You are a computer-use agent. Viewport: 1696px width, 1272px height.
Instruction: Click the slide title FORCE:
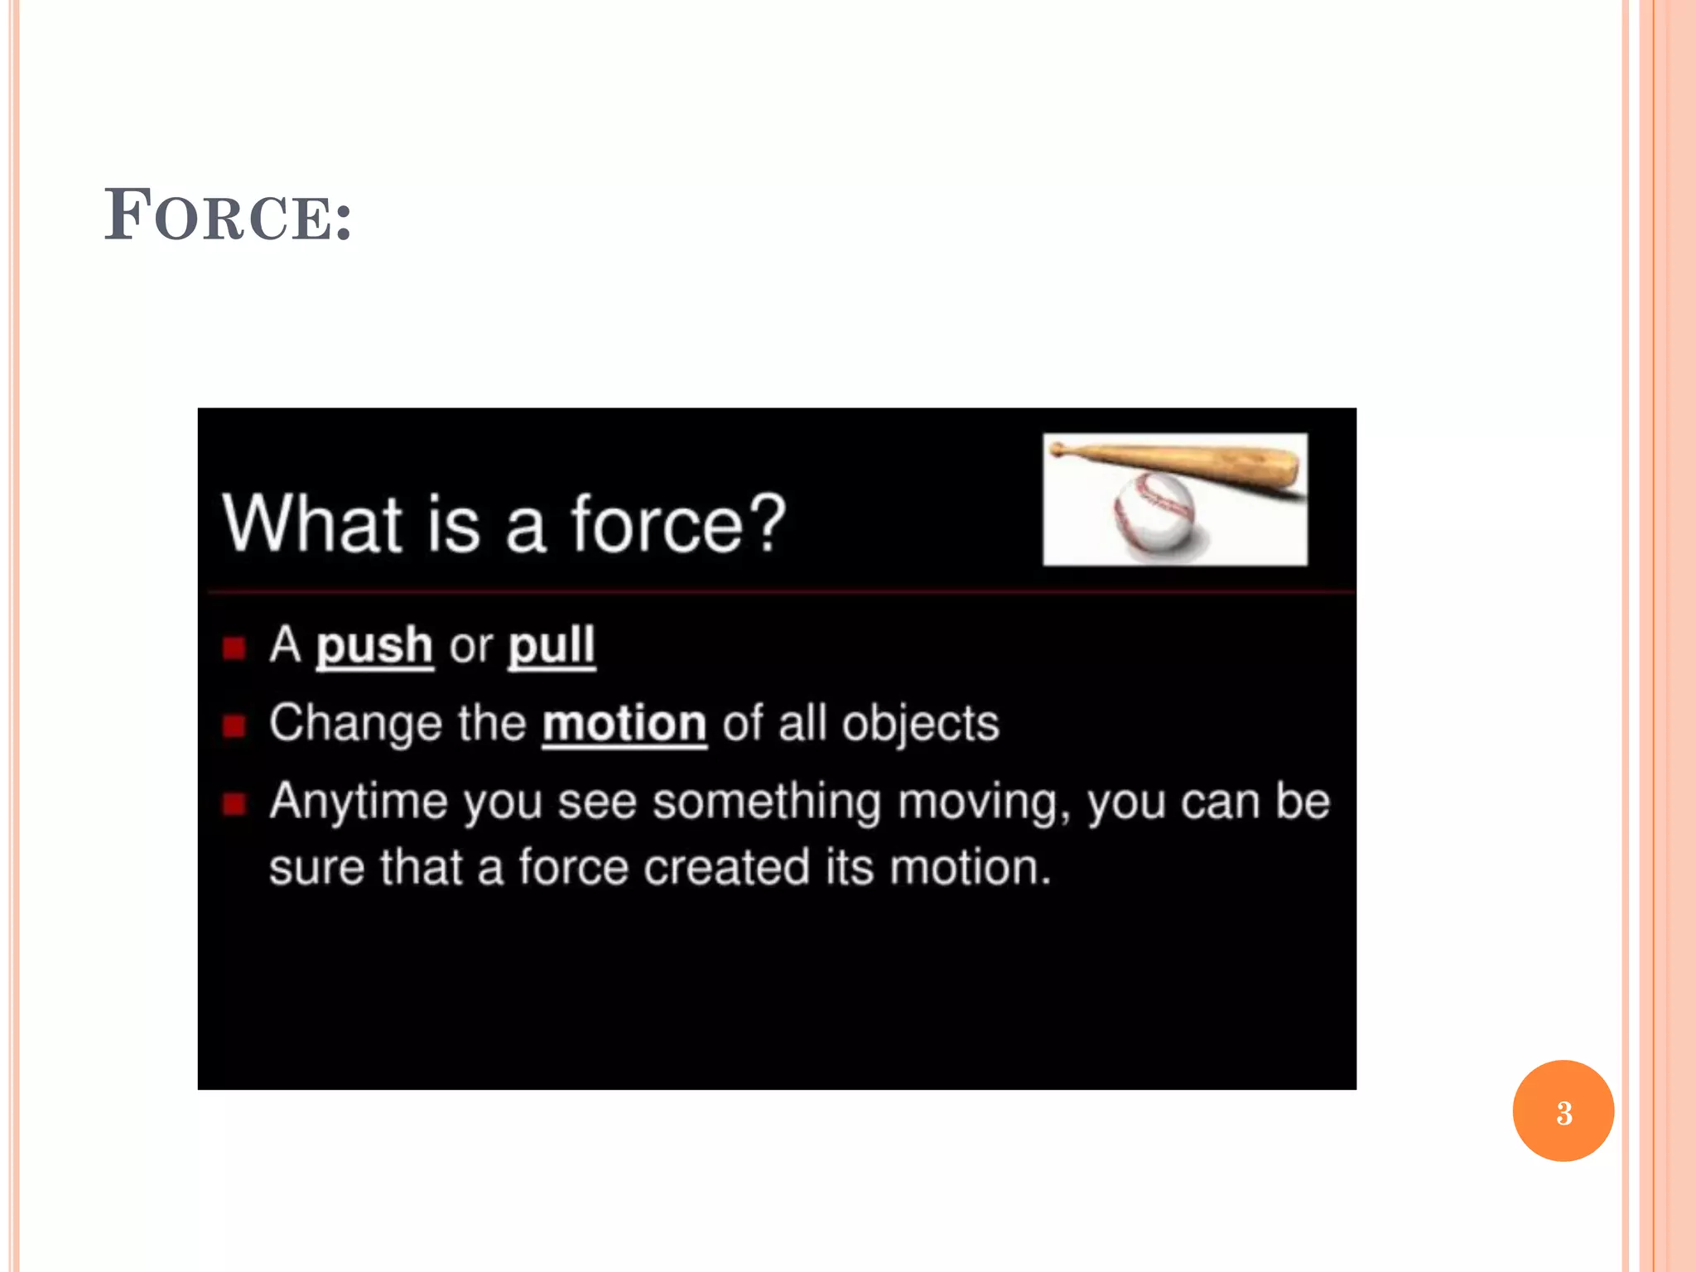[x=228, y=215]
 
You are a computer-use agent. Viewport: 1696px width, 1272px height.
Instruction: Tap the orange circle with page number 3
[x=1563, y=1111]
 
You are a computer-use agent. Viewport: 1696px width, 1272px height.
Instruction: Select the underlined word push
[x=374, y=646]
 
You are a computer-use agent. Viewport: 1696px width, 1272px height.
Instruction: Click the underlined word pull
[x=552, y=646]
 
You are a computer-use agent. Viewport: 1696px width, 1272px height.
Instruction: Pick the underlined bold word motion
[x=624, y=724]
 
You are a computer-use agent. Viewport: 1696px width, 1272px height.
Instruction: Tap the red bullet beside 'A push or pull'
[x=234, y=648]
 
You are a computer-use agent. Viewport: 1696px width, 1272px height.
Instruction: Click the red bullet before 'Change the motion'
[x=234, y=726]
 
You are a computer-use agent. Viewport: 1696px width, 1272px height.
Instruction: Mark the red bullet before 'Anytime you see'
[x=234, y=804]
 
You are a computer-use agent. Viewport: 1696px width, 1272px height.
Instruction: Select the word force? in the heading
[x=677, y=523]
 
